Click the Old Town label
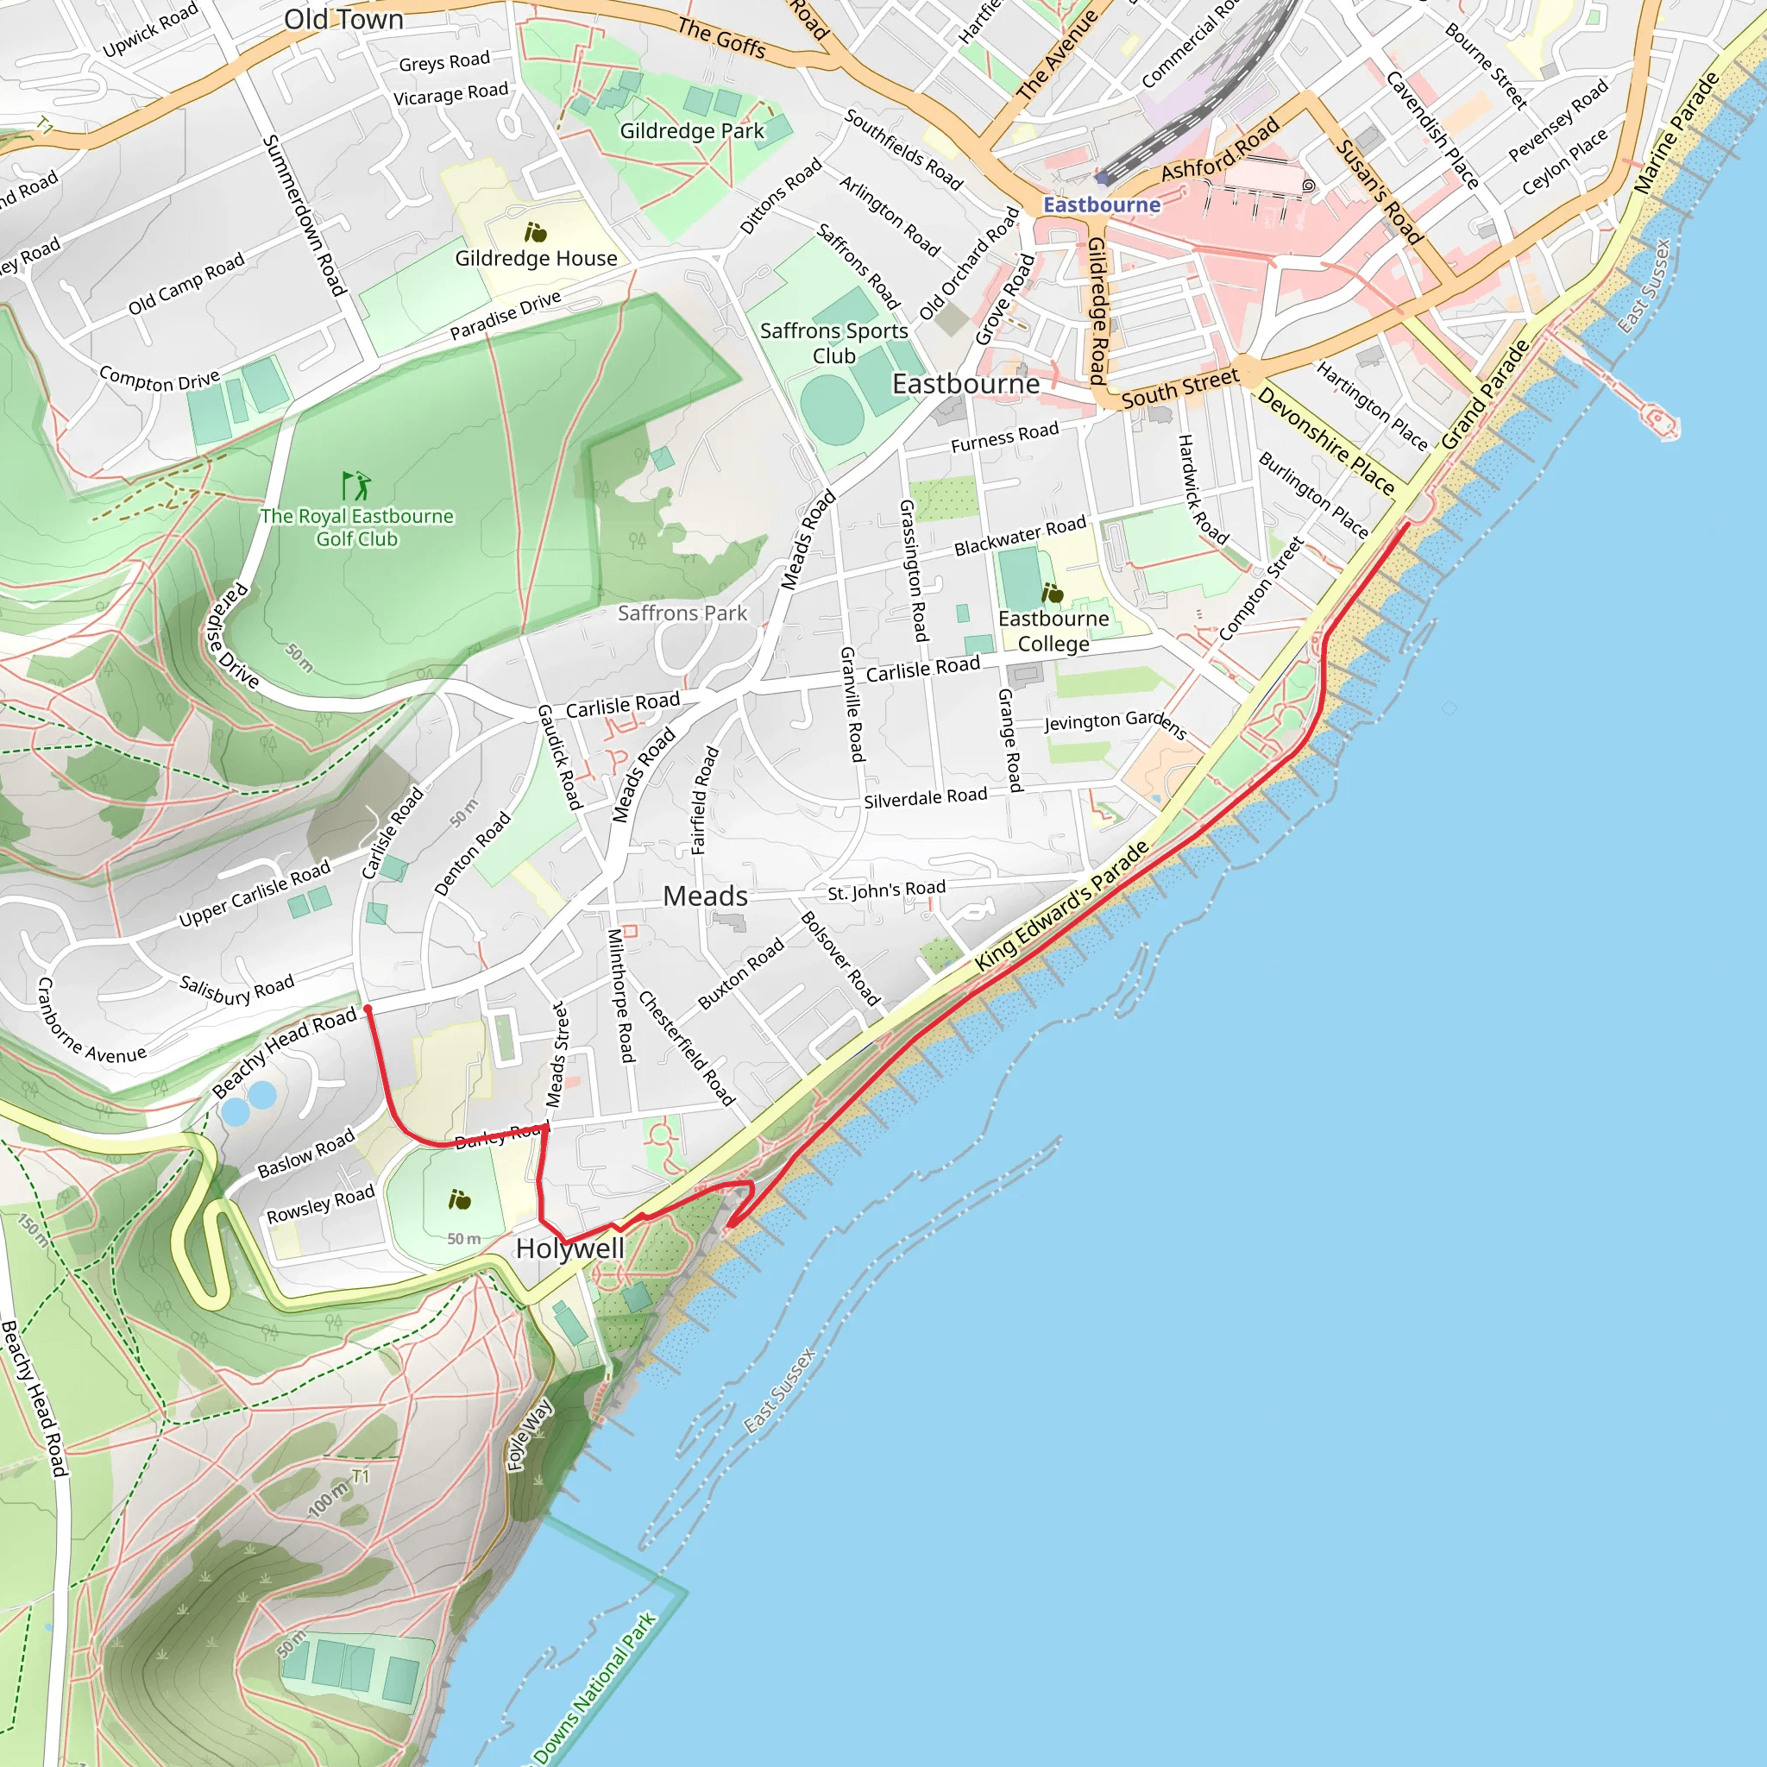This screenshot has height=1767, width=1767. point(344,19)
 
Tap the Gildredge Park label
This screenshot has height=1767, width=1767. point(691,131)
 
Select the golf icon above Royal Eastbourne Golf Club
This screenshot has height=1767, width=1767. point(355,485)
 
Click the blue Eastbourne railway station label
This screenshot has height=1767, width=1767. point(1101,204)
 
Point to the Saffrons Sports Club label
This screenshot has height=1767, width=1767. point(834,343)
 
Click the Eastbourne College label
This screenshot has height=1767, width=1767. point(1053,631)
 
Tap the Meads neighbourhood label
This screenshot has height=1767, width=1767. point(705,896)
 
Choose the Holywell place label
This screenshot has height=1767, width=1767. point(569,1248)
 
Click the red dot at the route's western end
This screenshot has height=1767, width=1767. point(368,1009)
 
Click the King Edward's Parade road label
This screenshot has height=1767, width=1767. point(1062,905)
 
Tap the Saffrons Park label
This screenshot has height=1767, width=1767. point(682,613)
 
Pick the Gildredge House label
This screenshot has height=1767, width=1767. point(536,259)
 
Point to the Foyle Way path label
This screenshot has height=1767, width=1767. point(531,1435)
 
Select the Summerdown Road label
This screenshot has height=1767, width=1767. point(305,216)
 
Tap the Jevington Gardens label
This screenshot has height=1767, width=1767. point(1115,722)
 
